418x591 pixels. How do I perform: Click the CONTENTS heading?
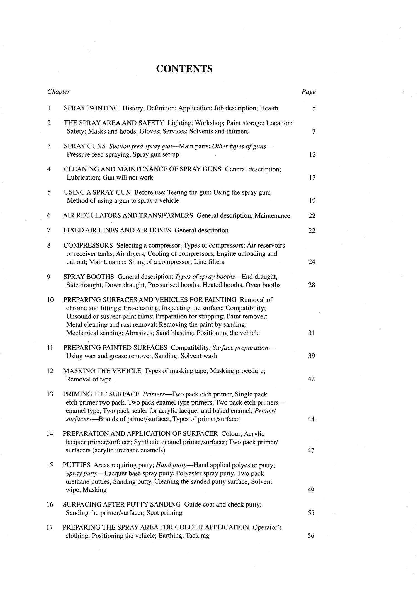coord(184,69)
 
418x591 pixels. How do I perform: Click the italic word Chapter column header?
coord(59,92)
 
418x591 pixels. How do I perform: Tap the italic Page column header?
coord(308,92)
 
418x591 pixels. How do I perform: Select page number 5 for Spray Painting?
coord(314,108)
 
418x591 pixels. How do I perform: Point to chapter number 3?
coord(49,146)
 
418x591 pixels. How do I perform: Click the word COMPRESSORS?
coord(88,245)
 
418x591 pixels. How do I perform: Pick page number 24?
coord(312,262)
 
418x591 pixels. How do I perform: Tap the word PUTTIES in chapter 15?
coord(76,465)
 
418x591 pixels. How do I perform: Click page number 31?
coord(312,333)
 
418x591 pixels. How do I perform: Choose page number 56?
coord(311,536)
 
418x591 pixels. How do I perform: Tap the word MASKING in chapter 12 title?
coord(76,371)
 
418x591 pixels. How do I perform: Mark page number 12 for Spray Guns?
coord(312,154)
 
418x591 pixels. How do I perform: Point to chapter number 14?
coord(50,434)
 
